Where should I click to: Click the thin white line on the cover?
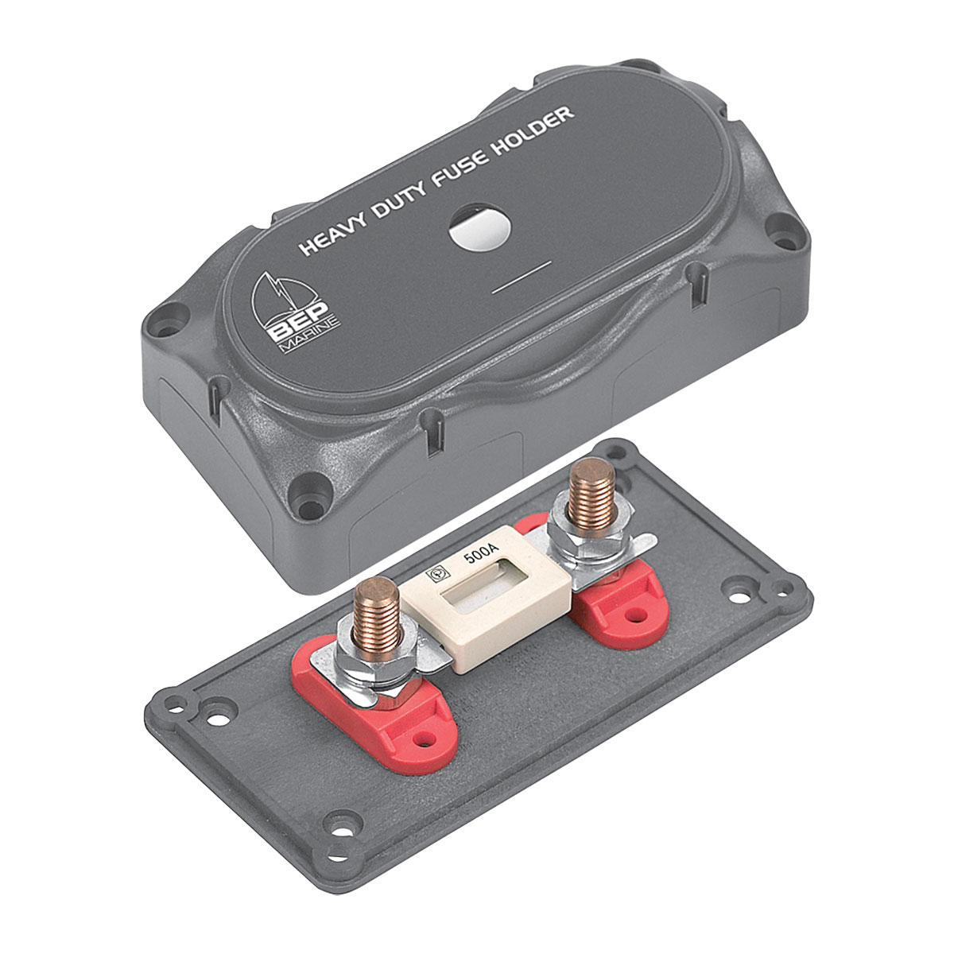coord(522,276)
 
